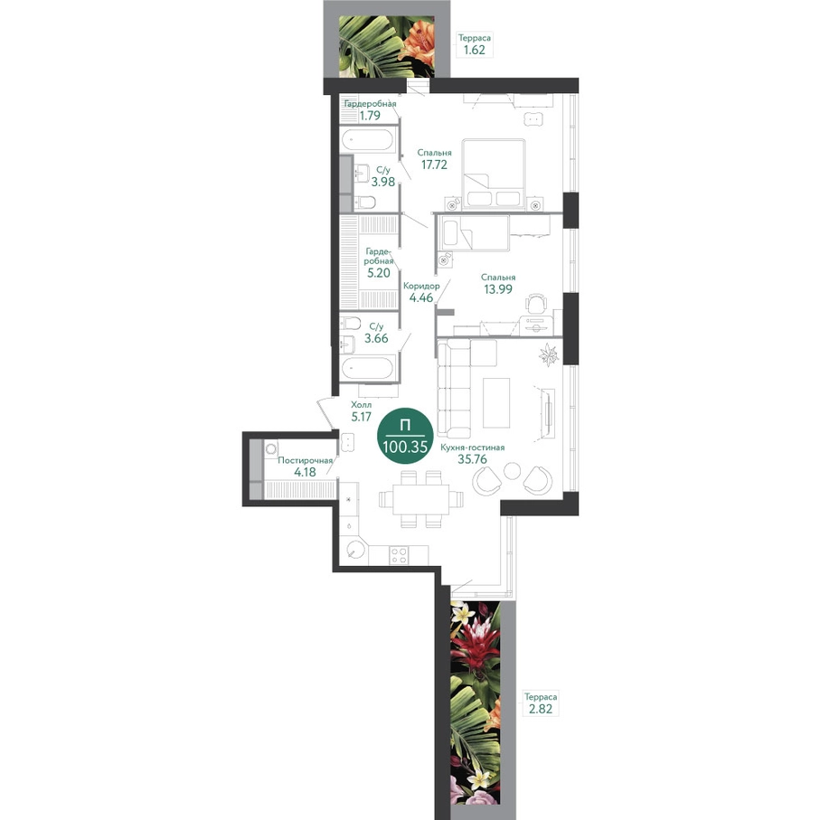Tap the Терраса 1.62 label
point(475,44)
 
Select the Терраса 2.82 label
point(541,703)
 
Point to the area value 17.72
point(434,165)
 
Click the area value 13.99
point(498,289)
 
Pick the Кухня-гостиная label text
point(472,448)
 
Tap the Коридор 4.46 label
point(421,292)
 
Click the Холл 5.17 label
point(362,411)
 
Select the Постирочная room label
point(305,461)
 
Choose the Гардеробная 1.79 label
point(370,109)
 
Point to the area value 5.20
point(378,273)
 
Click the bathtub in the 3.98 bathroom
point(368,140)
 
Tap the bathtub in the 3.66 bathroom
point(368,368)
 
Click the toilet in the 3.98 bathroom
point(365,202)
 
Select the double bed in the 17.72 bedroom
point(493,174)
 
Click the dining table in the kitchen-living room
point(421,499)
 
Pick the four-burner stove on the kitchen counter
point(399,555)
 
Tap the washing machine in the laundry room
point(271,449)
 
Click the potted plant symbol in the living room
point(549,355)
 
